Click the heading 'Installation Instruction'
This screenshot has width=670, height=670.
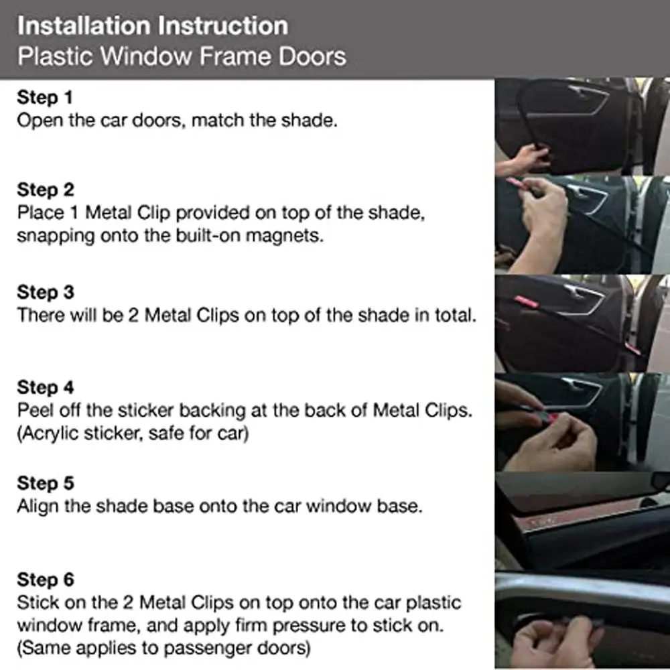pos(153,26)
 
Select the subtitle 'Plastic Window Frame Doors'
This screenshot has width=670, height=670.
pos(182,56)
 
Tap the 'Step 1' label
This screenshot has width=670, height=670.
pos(44,98)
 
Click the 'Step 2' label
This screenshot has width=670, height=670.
pos(46,190)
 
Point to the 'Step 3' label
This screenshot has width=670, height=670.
pos(46,293)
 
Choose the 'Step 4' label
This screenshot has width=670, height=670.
pos(46,388)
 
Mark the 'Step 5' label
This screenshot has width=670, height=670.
pos(46,483)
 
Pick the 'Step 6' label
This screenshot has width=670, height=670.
pos(46,579)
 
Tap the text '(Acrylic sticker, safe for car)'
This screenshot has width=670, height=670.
pos(133,434)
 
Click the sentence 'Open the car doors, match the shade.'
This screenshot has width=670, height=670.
pos(176,121)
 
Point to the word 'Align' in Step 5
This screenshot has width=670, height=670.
pos(40,506)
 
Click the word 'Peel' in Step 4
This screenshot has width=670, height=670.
pos(37,411)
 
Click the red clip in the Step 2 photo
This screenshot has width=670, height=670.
pos(517,184)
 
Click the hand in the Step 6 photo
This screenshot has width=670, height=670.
pos(536,643)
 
